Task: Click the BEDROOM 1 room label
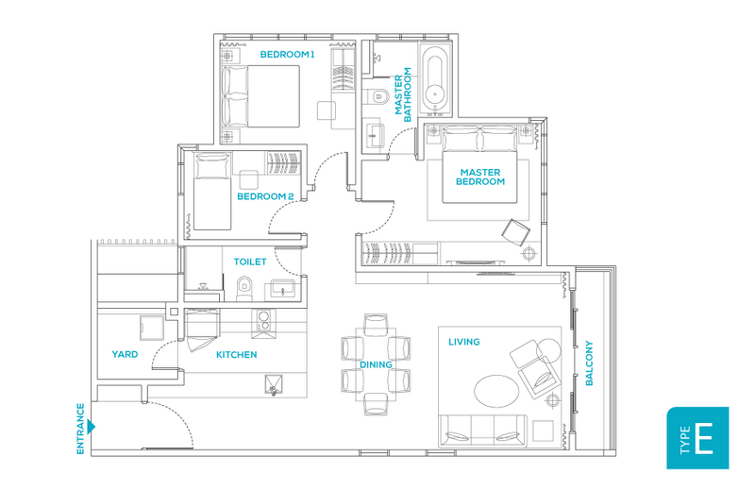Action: click(x=287, y=55)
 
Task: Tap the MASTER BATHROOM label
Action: click(x=403, y=94)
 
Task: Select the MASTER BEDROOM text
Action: click(x=480, y=177)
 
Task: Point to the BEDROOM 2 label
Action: click(x=265, y=196)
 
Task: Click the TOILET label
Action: click(x=250, y=262)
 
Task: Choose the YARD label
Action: click(x=125, y=354)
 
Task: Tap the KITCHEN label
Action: click(x=237, y=355)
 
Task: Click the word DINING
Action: click(x=376, y=364)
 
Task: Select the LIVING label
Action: click(x=464, y=342)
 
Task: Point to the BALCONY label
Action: click(x=589, y=363)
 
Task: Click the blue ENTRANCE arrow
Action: click(x=91, y=427)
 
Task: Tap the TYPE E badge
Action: click(x=697, y=438)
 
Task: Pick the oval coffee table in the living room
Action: click(x=496, y=391)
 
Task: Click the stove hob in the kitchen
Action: click(x=263, y=323)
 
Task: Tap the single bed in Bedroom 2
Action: click(x=211, y=192)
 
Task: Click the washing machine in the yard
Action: click(x=152, y=329)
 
